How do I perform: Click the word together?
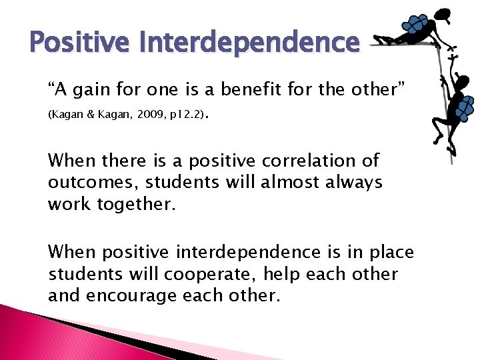tap(137, 205)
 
